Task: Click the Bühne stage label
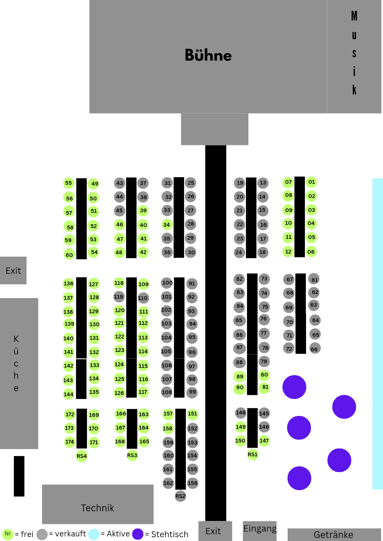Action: pyautogui.click(x=208, y=55)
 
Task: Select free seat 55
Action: pyautogui.click(x=69, y=183)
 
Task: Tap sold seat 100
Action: pyautogui.click(x=167, y=283)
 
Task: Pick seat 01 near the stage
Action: pyautogui.click(x=311, y=182)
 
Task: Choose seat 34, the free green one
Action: pyautogui.click(x=167, y=225)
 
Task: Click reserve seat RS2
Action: pyautogui.click(x=180, y=496)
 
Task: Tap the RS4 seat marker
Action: pyautogui.click(x=82, y=456)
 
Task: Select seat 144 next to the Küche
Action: pyautogui.click(x=69, y=394)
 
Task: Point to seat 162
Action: pyautogui.click(x=168, y=483)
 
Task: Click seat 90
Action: pyautogui.click(x=240, y=388)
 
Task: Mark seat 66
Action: pyautogui.click(x=314, y=349)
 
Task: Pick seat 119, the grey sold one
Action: pyautogui.click(x=119, y=297)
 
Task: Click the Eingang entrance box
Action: pyautogui.click(x=260, y=530)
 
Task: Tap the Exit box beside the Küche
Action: pyautogui.click(x=13, y=270)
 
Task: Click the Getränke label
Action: pyautogui.click(x=334, y=535)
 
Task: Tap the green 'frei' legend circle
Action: pyautogui.click(x=8, y=534)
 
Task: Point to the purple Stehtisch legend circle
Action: pyautogui.click(x=138, y=534)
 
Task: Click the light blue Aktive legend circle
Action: pyautogui.click(x=94, y=534)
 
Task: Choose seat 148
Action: pyautogui.click(x=241, y=413)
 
